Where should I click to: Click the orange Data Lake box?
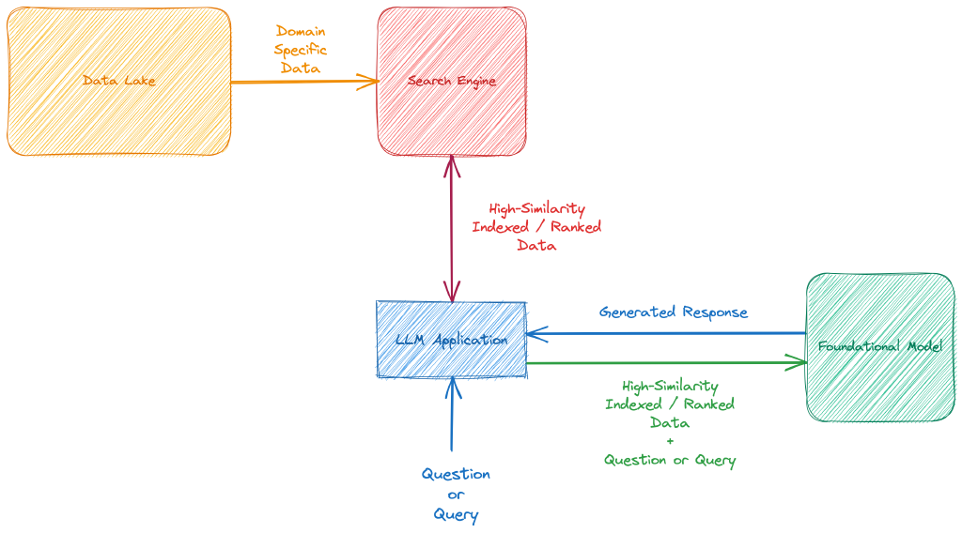(118, 82)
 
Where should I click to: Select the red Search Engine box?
(452, 82)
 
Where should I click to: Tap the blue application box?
(452, 339)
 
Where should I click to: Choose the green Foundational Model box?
(880, 347)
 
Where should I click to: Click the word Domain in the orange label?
(301, 31)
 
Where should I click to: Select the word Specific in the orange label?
(301, 50)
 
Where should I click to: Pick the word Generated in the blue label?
(638, 312)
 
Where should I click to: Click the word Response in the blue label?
(715, 312)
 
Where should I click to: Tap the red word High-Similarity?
(536, 208)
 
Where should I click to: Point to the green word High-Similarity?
(670, 386)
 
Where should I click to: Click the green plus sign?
(670, 442)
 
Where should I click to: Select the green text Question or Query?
(670, 460)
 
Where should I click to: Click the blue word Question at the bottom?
(456, 475)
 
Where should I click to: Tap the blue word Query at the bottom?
(456, 514)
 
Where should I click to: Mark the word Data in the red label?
(536, 245)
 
